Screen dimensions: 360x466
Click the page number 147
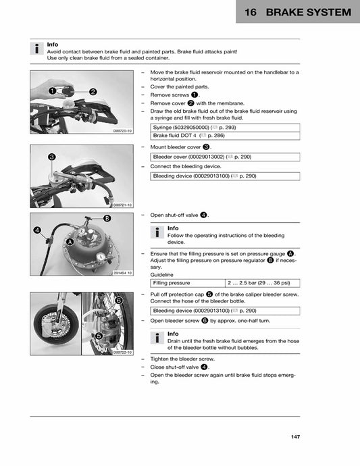(295, 438)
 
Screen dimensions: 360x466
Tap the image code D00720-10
(123, 131)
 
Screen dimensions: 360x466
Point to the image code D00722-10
(123, 353)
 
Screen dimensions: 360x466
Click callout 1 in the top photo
(52, 90)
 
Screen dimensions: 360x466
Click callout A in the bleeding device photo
(70, 242)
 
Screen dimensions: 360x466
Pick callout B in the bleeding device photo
(107, 218)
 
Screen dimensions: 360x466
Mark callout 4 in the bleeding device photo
(38, 230)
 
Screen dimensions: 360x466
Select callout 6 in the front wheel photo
(118, 300)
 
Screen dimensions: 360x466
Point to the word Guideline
(161, 275)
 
